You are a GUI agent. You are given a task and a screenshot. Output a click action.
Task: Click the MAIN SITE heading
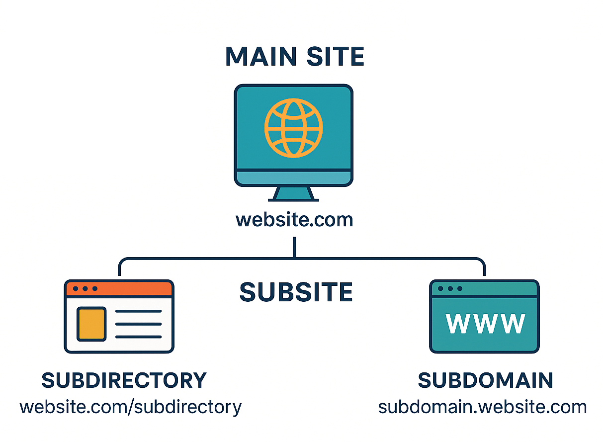[295, 56]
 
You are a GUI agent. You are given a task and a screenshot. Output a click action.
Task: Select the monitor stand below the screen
[293, 194]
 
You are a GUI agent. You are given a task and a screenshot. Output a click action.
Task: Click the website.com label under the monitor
[294, 220]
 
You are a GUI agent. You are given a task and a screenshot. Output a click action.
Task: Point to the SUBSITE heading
[296, 292]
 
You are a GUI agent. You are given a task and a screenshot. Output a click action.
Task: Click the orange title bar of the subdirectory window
[119, 289]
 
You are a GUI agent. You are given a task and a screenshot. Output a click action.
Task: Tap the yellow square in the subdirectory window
[91, 324]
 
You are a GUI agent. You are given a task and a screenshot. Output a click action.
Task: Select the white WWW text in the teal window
[485, 324]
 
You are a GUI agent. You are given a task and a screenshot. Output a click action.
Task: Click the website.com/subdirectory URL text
[131, 408]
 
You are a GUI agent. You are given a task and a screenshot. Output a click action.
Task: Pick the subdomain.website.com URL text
[482, 407]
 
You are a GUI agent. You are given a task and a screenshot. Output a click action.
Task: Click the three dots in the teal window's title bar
[450, 288]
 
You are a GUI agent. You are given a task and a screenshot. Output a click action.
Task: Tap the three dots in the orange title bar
[85, 288]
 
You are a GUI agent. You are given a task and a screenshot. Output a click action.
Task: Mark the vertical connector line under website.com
[294, 247]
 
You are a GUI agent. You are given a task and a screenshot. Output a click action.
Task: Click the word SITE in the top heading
[335, 56]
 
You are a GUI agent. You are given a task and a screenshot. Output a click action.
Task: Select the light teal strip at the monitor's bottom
[293, 177]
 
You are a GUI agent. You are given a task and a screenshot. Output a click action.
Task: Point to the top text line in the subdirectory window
[138, 311]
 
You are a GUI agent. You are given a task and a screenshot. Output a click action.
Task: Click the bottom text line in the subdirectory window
[138, 337]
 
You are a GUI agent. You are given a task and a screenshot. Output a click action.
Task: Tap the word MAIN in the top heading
[261, 56]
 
